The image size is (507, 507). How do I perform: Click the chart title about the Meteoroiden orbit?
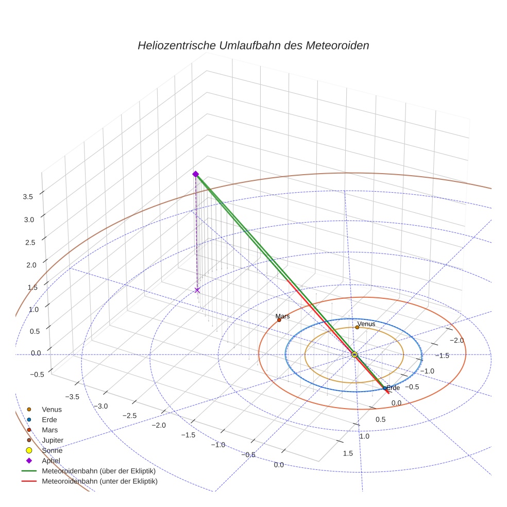[253, 45]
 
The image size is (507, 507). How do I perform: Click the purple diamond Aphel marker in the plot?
[195, 174]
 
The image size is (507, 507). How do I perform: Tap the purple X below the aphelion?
[197, 291]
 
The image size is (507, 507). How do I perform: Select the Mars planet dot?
[279, 320]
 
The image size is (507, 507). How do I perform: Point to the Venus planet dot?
[357, 327]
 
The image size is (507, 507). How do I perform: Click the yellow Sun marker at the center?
[354, 354]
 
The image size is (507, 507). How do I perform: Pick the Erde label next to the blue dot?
[393, 388]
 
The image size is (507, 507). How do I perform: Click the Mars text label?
[282, 316]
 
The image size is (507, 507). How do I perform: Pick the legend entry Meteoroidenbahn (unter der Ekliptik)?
[99, 481]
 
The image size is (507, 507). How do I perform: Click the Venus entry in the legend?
[52, 409]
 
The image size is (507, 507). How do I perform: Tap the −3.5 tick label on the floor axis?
[71, 396]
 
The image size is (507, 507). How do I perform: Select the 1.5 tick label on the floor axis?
[347, 453]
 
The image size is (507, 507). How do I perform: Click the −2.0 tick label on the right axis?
[457, 340]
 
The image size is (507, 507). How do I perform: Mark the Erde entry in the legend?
[49, 419]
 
